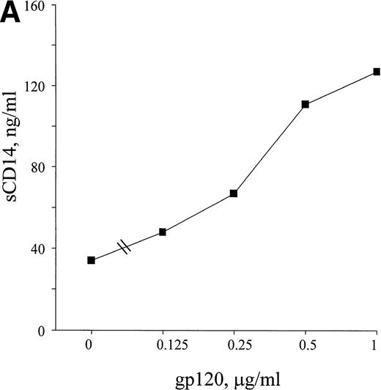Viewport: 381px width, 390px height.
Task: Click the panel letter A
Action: pos(12,15)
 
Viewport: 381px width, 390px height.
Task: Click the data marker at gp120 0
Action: pos(91,260)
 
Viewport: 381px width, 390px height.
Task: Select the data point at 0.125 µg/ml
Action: pos(162,232)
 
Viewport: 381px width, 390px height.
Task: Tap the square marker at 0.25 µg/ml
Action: pos(233,194)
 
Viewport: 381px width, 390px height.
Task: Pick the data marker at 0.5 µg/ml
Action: pos(305,104)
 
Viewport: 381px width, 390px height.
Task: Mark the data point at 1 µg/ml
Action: pos(376,72)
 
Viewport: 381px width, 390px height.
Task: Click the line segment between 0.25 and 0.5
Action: pos(269,149)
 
